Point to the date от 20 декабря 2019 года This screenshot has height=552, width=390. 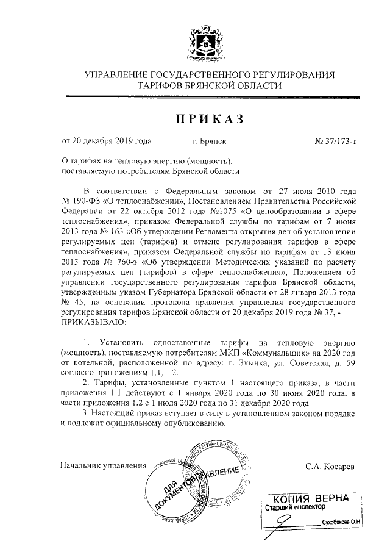[x=107, y=142]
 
